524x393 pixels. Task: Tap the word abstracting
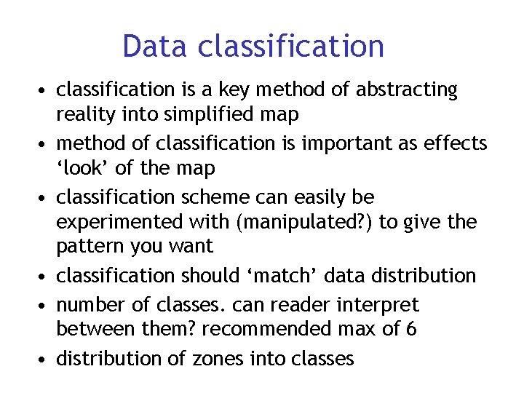pos(407,90)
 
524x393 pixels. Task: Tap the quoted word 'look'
pos(82,168)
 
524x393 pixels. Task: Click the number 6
pos(412,329)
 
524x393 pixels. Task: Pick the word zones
pos(215,358)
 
